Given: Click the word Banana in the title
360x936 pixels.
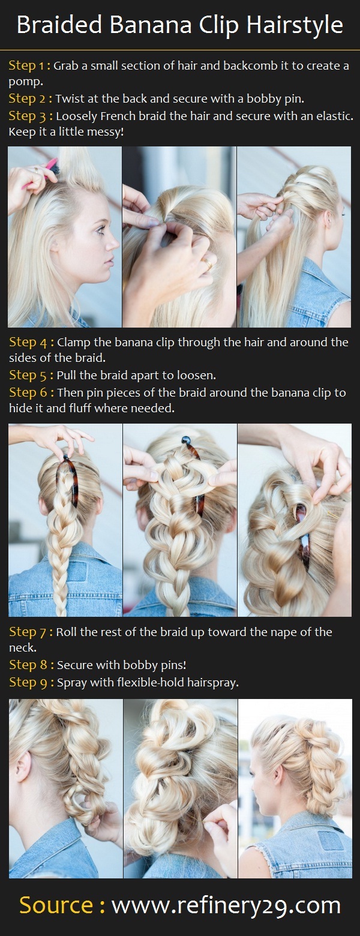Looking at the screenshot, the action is tap(151, 25).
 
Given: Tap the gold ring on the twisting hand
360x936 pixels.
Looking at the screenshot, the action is tap(208, 263).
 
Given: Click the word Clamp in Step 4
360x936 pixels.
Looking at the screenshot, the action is tap(74, 343).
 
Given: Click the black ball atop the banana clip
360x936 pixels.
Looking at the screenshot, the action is tap(185, 440).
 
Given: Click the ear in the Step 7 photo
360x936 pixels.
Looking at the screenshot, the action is tap(24, 767).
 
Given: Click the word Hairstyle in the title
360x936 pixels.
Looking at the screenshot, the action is tap(295, 26).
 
